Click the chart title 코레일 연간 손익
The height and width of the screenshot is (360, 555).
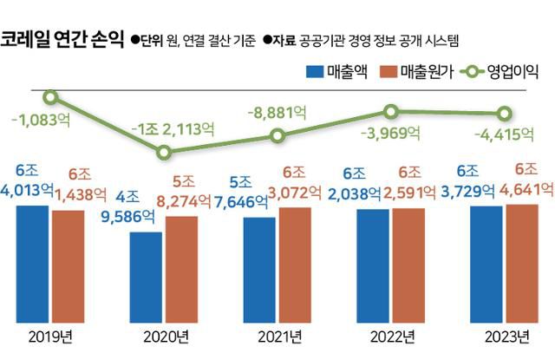point(61,40)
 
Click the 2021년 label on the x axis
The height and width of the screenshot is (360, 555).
point(278,336)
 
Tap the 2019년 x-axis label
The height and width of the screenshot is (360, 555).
point(50,336)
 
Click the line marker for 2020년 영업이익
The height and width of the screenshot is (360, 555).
point(164,152)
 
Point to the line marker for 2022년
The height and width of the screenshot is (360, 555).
point(391,111)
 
